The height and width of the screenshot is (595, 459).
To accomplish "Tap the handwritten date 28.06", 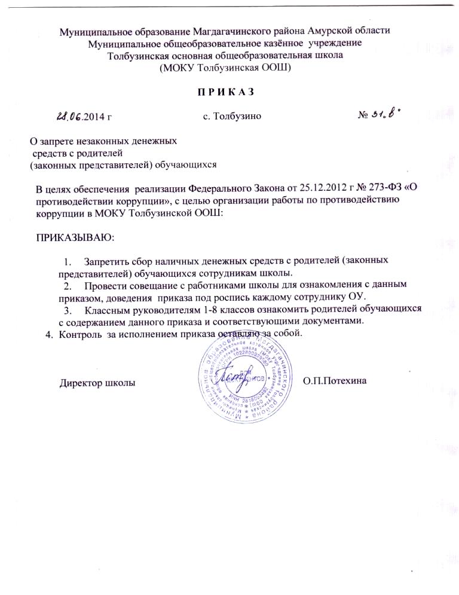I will point(71,116).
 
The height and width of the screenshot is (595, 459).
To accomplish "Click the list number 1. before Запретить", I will point(67,262).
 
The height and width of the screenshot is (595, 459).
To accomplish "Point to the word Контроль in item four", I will point(80,333).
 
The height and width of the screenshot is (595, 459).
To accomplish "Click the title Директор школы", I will point(96,382).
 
